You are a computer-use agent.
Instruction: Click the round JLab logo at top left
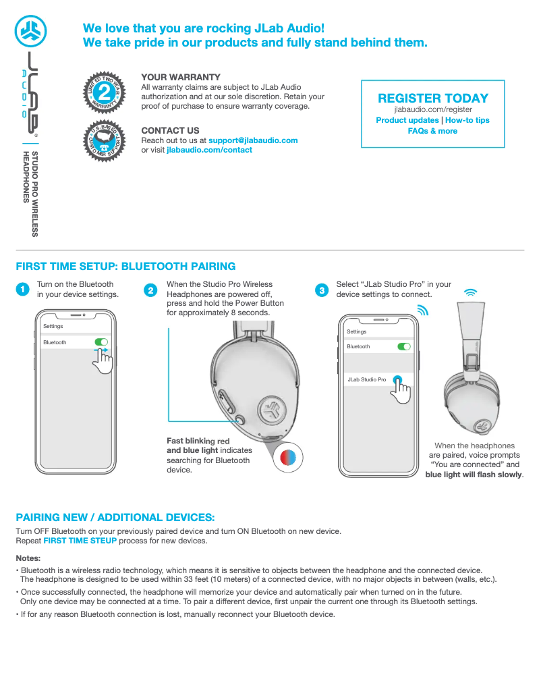click(29, 30)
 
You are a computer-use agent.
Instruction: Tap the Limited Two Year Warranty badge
click(103, 92)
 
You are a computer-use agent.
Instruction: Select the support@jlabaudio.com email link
click(253, 140)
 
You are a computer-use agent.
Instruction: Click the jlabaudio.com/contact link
click(209, 150)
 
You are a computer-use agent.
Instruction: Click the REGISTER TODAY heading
click(432, 98)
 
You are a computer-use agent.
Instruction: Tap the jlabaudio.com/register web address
click(432, 109)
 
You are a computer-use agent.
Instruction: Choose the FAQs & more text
click(432, 131)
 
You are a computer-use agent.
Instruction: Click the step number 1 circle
click(23, 290)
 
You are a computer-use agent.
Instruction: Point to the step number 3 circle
click(322, 290)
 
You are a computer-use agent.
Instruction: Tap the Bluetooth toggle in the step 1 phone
click(101, 342)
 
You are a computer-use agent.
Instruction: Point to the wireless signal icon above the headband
click(471, 292)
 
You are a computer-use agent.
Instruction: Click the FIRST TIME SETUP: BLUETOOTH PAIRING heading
click(125, 267)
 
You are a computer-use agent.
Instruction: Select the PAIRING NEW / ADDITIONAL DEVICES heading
click(115, 518)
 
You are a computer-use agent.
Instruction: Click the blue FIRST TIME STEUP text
click(80, 541)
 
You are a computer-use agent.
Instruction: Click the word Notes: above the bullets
click(28, 558)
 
